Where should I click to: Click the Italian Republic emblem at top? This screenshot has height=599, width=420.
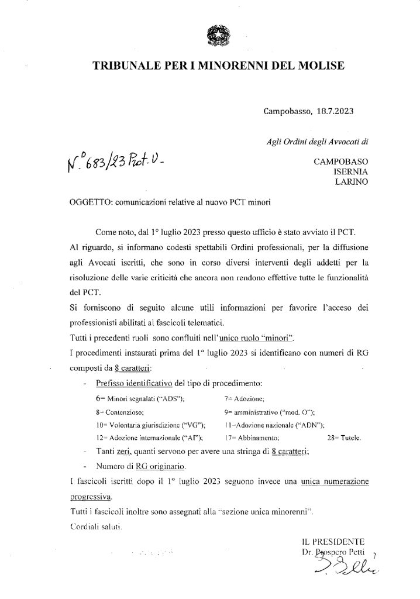tap(211, 37)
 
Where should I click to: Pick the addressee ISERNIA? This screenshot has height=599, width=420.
tap(350, 172)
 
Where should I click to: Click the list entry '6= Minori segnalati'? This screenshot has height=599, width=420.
tap(140, 398)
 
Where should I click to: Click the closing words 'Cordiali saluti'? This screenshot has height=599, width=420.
tap(95, 526)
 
